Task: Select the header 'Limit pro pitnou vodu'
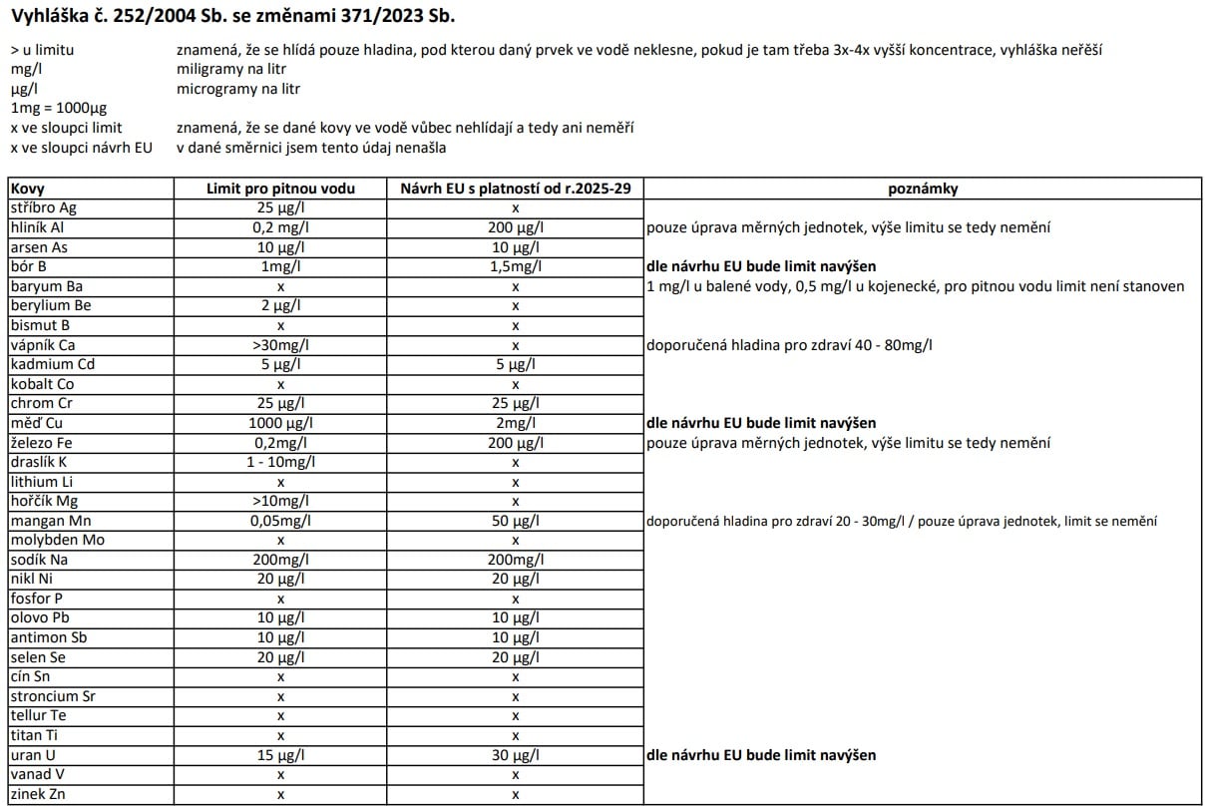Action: click(280, 189)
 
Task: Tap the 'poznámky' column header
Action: click(923, 189)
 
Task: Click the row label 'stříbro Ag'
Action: click(43, 207)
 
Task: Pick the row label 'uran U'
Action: click(34, 755)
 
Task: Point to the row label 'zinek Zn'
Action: click(38, 794)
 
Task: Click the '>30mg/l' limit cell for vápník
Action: click(280, 345)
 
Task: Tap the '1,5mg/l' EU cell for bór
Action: click(515, 267)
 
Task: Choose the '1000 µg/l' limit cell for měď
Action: click(280, 423)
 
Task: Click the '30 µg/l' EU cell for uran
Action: click(515, 755)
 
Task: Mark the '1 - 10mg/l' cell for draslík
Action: click(280, 462)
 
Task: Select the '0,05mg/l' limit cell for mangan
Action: click(280, 521)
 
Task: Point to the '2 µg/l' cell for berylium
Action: click(280, 305)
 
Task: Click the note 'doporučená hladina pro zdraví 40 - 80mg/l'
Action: click(796, 345)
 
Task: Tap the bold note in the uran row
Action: click(761, 755)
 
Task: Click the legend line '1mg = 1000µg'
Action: click(59, 108)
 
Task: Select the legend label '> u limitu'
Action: click(42, 49)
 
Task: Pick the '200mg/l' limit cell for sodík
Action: click(280, 560)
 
